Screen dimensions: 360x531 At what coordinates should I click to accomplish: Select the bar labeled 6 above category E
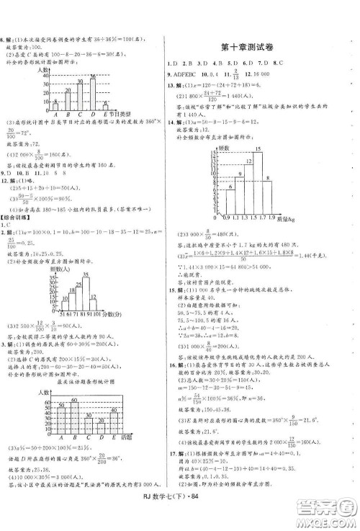(104, 107)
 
